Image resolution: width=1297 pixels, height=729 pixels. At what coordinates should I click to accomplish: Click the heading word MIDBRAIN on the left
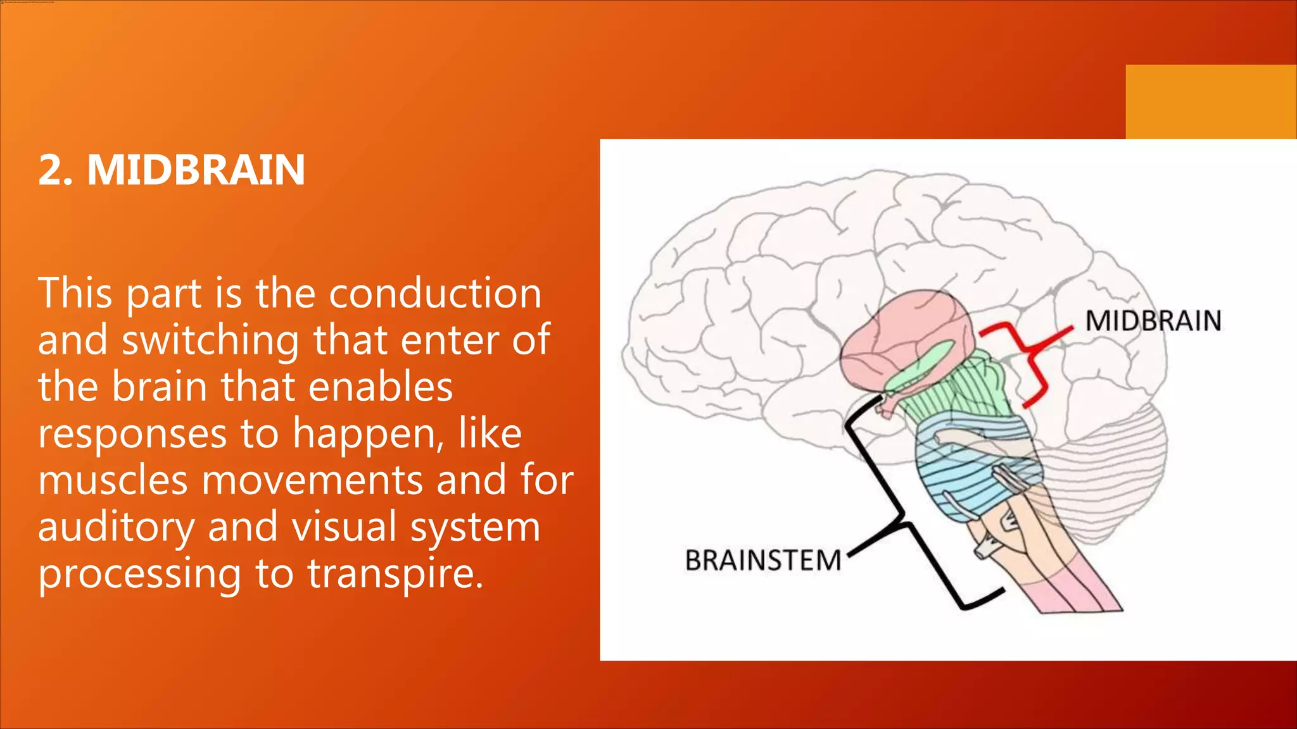[196, 170]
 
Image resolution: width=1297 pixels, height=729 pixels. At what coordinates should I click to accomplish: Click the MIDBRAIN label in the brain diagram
[1153, 321]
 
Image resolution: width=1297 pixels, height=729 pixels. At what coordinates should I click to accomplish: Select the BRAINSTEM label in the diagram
[762, 561]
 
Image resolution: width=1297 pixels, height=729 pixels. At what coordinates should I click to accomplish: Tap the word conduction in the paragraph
[435, 294]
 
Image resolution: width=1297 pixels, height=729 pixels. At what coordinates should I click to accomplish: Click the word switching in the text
[210, 341]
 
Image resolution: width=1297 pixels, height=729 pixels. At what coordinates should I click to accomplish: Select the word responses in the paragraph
[132, 435]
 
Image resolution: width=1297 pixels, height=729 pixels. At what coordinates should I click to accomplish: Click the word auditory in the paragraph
[117, 527]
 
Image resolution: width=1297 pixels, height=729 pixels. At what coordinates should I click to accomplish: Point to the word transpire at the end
[395, 573]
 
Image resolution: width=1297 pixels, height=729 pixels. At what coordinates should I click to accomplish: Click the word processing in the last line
[140, 575]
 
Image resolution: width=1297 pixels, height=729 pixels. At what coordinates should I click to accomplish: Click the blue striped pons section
[975, 481]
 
